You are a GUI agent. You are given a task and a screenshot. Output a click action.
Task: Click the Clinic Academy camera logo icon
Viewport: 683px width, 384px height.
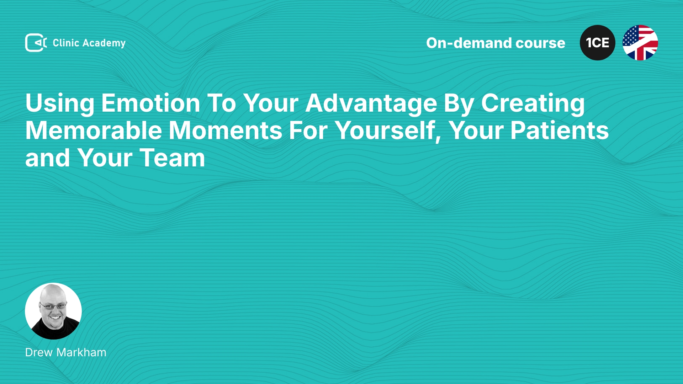point(36,43)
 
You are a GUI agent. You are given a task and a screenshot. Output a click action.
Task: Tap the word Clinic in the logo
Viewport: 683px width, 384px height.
point(66,43)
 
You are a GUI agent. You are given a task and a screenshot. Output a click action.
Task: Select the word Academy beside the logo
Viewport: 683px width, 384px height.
point(104,43)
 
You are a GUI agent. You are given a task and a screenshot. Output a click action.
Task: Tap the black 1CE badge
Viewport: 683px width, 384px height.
point(598,43)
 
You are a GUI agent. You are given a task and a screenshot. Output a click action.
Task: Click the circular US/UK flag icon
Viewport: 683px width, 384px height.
point(640,43)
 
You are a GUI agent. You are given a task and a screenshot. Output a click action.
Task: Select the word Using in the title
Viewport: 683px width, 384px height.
point(60,103)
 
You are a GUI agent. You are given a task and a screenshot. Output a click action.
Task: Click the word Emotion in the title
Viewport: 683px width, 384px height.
point(151,103)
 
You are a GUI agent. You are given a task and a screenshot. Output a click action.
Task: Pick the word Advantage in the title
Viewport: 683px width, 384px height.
point(371,103)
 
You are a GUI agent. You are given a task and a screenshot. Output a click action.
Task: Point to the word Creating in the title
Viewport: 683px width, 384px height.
point(533,103)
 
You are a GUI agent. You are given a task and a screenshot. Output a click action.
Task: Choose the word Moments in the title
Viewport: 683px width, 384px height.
point(226,130)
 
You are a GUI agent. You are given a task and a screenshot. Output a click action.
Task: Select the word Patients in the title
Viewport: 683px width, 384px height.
point(560,130)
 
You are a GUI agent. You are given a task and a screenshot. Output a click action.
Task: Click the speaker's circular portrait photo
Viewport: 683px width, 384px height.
point(53,311)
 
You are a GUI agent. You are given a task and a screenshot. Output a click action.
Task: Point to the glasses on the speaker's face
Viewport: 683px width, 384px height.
point(53,305)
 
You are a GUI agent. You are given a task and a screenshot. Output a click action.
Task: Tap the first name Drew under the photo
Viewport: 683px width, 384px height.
point(39,352)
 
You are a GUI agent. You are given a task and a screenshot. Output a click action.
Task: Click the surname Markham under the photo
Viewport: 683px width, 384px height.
point(81,352)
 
